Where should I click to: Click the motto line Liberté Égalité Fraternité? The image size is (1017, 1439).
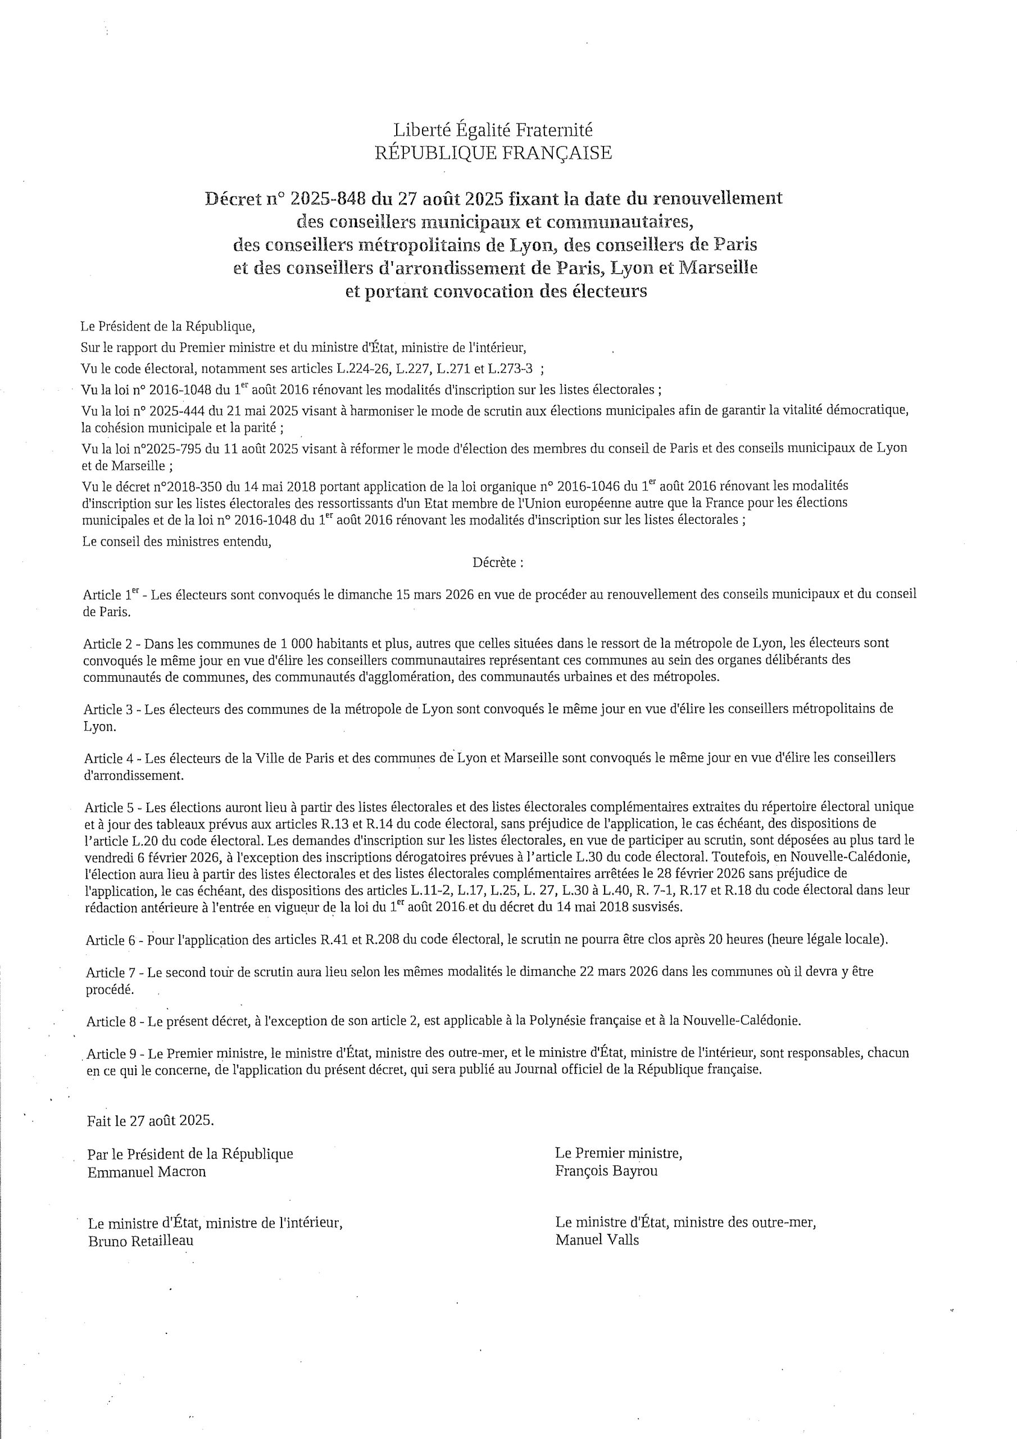pos(493,130)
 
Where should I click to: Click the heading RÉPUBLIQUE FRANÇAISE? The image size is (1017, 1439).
pos(493,153)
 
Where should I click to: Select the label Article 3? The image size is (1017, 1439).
pos(111,709)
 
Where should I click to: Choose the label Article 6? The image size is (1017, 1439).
pos(113,940)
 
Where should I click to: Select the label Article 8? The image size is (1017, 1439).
pos(113,1021)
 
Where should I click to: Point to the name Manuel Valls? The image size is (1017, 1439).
pos(597,1239)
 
